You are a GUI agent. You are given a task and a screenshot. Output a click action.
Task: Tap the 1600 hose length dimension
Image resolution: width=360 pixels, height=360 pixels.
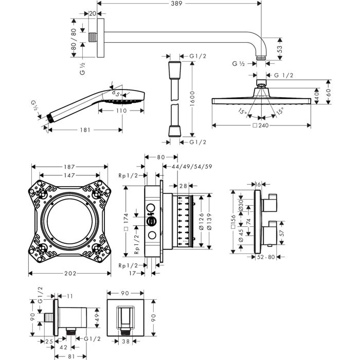click(x=191, y=98)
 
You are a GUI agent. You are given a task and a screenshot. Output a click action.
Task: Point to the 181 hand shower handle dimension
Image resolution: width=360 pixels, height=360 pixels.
click(x=85, y=130)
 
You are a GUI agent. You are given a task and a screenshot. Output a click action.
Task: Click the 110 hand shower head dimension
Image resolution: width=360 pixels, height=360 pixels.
click(x=121, y=111)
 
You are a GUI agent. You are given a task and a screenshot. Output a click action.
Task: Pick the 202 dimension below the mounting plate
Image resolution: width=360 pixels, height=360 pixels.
click(x=70, y=273)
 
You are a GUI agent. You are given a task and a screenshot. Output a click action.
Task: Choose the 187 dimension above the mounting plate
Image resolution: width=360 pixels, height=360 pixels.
click(x=69, y=167)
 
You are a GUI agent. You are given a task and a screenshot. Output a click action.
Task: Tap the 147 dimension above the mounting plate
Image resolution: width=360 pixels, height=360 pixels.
click(x=69, y=175)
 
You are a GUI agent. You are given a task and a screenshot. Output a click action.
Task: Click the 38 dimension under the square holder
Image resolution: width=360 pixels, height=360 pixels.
click(x=125, y=340)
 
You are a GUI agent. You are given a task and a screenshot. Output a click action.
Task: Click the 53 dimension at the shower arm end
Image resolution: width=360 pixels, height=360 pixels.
click(x=280, y=49)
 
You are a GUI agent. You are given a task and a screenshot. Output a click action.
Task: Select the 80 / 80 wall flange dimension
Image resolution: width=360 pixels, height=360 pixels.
click(x=74, y=39)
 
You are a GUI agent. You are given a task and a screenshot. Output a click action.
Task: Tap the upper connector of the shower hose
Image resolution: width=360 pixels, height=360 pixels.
click(x=174, y=67)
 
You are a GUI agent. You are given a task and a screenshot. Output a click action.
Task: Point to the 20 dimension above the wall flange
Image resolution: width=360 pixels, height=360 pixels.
click(x=93, y=14)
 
